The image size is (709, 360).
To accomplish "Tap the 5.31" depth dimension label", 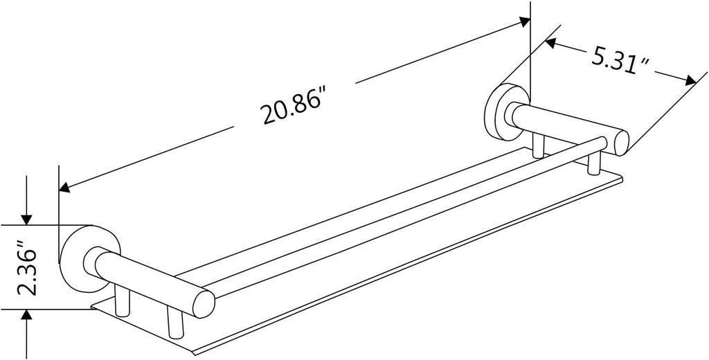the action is coord(620,62).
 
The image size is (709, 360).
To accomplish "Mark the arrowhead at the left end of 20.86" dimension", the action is coord(64,187).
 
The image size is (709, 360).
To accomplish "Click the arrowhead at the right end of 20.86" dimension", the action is coord(524,21).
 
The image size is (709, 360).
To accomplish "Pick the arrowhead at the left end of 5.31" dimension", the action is coord(550,43).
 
